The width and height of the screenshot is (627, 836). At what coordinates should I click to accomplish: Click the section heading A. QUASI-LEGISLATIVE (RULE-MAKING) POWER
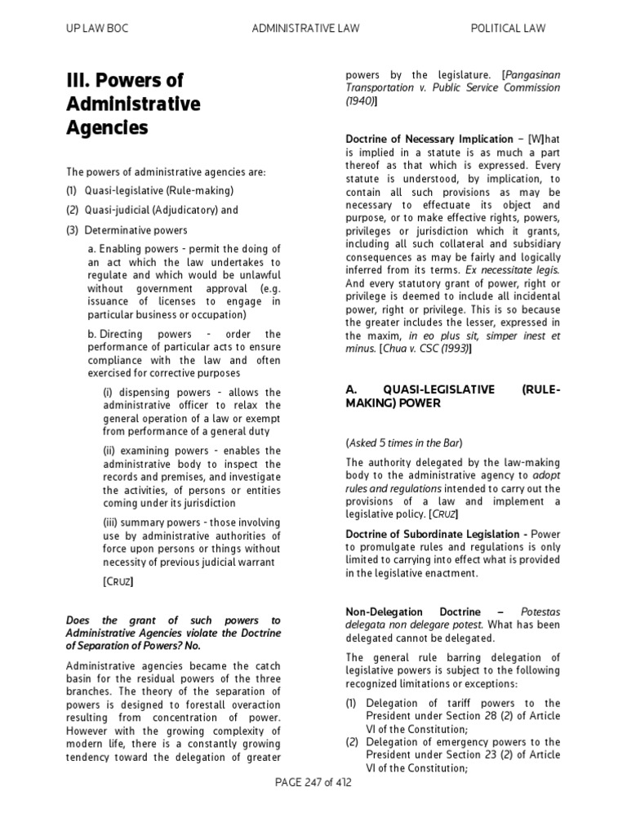pyautogui.click(x=453, y=396)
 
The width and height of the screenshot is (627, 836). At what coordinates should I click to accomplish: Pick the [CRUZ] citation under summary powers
pyautogui.click(x=118, y=581)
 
